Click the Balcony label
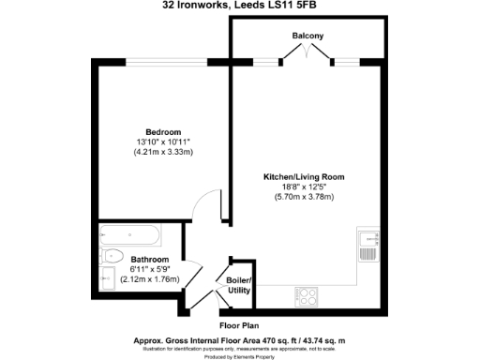click(307, 36)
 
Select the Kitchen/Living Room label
click(304, 175)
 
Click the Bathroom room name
click(150, 260)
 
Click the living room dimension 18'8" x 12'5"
click(304, 187)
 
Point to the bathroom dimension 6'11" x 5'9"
click(150, 269)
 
